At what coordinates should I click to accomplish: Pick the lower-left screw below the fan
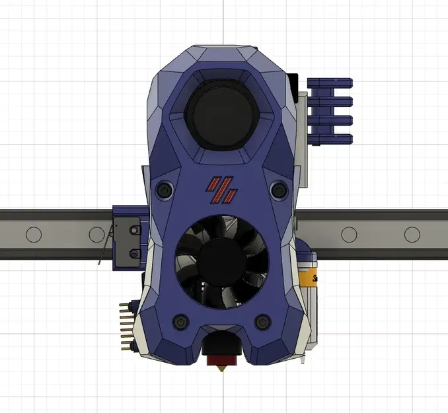(x=179, y=322)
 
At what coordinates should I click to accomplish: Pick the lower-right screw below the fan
(x=263, y=322)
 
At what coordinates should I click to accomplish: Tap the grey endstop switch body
(x=126, y=238)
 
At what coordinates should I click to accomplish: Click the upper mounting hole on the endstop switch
(x=134, y=230)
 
